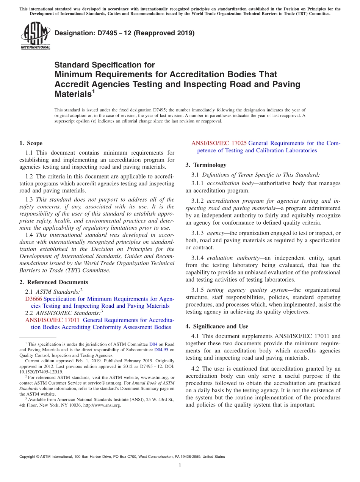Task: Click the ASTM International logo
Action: [x=35, y=36]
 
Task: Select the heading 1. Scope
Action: [x=31, y=143]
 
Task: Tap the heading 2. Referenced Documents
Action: [x=53, y=282]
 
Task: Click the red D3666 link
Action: [x=33, y=299]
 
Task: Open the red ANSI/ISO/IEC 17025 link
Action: [x=219, y=143]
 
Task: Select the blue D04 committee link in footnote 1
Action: [x=153, y=344]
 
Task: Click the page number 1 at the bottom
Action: [x=180, y=465]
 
